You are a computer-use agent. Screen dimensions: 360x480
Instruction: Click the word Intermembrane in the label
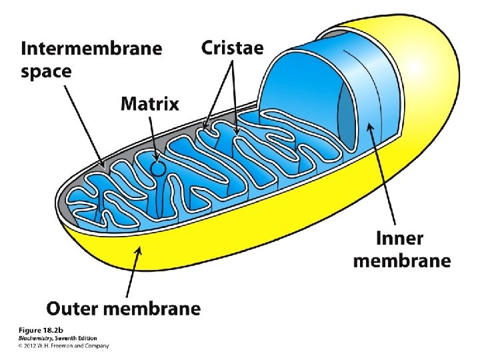91,49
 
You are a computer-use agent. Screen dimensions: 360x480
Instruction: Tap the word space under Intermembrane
46,72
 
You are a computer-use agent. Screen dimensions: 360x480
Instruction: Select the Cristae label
232,48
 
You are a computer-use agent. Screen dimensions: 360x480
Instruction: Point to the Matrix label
149,104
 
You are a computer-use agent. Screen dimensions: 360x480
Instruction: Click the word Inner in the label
399,238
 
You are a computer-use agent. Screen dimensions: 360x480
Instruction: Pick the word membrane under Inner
401,261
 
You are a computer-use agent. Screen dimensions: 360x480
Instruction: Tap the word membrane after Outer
159,309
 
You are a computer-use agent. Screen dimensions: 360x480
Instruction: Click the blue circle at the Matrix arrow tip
158,168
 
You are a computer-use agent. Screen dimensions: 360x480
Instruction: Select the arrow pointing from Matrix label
153,137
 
